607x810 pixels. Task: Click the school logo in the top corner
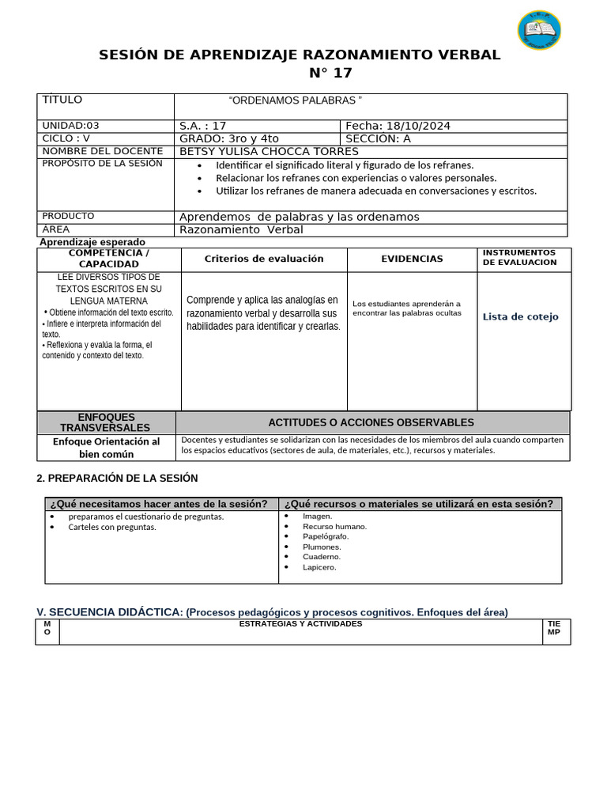pyautogui.click(x=539, y=30)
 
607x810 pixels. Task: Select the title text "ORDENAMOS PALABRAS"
pyautogui.click(x=295, y=100)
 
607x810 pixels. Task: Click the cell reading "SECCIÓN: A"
pyautogui.click(x=379, y=138)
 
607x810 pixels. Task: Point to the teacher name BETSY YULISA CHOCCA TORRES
pyautogui.click(x=269, y=151)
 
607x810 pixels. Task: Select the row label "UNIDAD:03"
pyautogui.click(x=71, y=126)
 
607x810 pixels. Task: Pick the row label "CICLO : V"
pyautogui.click(x=66, y=138)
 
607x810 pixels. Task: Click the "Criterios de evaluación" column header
pyautogui.click(x=264, y=259)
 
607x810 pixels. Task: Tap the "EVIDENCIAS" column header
pyautogui.click(x=412, y=259)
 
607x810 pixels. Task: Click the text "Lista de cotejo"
pyautogui.click(x=520, y=316)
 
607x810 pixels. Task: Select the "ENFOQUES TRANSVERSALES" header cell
pyautogui.click(x=107, y=422)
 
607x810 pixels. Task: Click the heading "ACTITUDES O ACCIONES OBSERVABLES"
pyautogui.click(x=371, y=422)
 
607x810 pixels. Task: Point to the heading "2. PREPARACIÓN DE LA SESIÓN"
pyautogui.click(x=117, y=478)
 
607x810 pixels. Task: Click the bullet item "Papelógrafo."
pyautogui.click(x=326, y=536)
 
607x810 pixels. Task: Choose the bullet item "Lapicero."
pyautogui.click(x=319, y=566)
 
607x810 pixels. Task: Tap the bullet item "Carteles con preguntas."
pyautogui.click(x=112, y=527)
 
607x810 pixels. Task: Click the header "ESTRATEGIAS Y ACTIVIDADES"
pyautogui.click(x=300, y=624)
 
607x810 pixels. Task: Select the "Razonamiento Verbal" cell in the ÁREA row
pyautogui.click(x=241, y=230)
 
